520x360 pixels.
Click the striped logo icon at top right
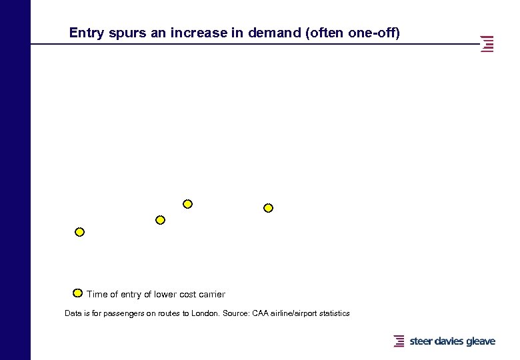(x=487, y=44)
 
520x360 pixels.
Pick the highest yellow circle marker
(x=188, y=204)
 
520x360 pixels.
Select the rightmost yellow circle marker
(x=269, y=208)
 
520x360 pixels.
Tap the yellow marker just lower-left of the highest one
(x=160, y=220)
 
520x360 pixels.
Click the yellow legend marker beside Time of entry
(x=77, y=293)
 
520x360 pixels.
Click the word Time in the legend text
(x=97, y=294)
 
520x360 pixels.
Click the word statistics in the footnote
(x=332, y=313)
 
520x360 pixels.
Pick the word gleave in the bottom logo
(x=481, y=341)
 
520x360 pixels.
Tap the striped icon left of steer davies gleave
(x=399, y=341)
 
